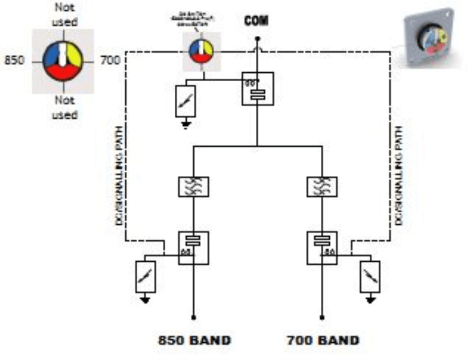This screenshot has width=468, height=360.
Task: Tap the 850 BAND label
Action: tap(194, 341)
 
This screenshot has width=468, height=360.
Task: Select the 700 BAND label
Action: tap(322, 341)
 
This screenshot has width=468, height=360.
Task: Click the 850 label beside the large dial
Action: tap(14, 60)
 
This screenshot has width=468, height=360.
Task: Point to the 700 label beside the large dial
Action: tap(110, 60)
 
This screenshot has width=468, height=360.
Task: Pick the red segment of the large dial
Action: tap(62, 73)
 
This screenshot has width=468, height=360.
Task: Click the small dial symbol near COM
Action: tap(201, 50)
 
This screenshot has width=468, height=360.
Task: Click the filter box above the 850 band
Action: tap(194, 186)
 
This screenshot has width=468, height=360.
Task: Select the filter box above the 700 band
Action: tap(322, 186)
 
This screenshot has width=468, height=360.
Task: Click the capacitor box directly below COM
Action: tap(257, 89)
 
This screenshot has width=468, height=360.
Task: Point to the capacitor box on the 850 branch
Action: tap(194, 248)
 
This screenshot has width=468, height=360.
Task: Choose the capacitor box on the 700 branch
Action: tap(322, 248)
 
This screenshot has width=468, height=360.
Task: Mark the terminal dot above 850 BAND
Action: tap(194, 317)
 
